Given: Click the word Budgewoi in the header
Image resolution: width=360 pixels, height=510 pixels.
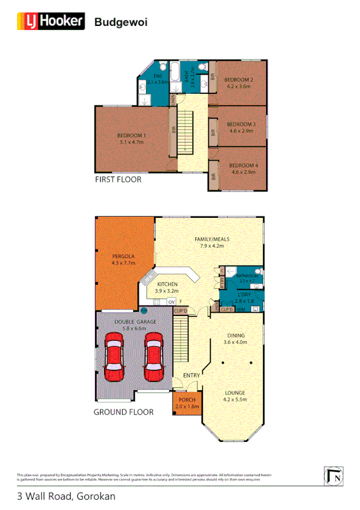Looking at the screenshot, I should (x=121, y=22).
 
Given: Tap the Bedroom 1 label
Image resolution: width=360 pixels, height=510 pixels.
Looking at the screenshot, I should (x=132, y=135).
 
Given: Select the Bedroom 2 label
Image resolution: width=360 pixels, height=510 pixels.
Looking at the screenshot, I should (x=238, y=79).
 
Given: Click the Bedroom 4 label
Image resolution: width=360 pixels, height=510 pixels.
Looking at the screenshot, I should (x=243, y=165).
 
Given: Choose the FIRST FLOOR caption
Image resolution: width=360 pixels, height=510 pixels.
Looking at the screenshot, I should (x=118, y=179).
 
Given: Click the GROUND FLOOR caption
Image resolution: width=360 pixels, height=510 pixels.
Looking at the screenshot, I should (x=123, y=412).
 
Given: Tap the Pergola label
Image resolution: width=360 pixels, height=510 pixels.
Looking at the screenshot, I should (x=123, y=256).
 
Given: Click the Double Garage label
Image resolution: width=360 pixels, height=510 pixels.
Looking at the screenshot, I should (x=135, y=322).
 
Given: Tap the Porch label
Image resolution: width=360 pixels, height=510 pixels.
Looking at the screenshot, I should (x=186, y=401).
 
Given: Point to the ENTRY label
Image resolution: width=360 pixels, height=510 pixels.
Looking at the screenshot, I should (x=191, y=376).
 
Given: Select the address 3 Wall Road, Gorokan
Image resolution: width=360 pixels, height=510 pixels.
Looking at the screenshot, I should (x=66, y=496).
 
